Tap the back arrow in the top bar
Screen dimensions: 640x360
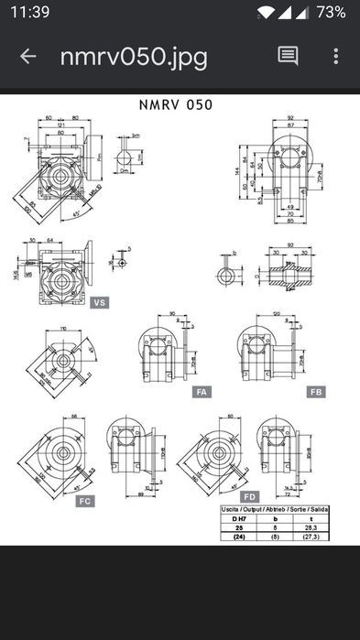click(27, 57)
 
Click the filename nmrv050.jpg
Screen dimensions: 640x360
click(134, 57)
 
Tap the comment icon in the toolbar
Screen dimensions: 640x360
click(288, 56)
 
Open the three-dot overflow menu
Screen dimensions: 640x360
click(336, 56)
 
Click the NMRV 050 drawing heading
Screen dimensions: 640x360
click(175, 104)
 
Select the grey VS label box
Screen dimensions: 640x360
click(100, 301)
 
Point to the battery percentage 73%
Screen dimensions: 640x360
click(331, 12)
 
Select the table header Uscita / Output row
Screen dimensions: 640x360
click(275, 510)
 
